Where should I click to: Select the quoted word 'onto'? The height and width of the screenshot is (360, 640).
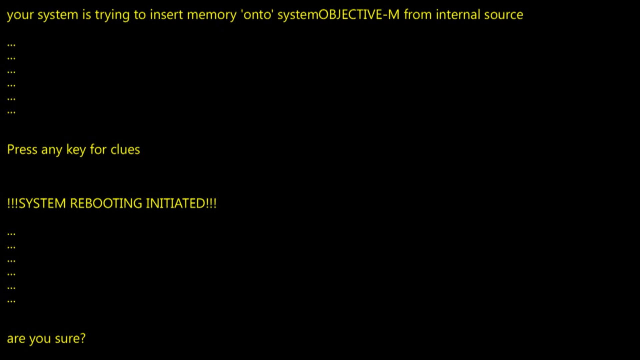tap(257, 15)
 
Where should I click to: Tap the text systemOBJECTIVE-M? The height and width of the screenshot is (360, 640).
tap(338, 15)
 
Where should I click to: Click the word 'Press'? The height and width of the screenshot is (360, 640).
tap(22, 150)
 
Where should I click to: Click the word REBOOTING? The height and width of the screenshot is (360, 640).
tap(106, 203)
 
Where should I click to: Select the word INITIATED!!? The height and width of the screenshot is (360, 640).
tap(181, 203)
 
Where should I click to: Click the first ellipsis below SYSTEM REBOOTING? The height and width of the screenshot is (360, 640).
tap(11, 234)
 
